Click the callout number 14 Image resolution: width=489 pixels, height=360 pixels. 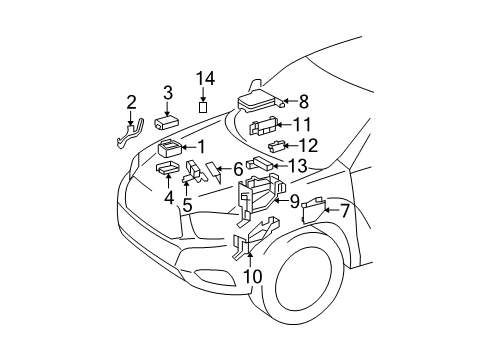(x=205, y=79)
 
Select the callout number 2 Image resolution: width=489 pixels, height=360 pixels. (x=168, y=93)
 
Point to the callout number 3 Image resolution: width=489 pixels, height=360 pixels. (x=168, y=93)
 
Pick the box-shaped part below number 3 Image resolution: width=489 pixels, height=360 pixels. (x=169, y=121)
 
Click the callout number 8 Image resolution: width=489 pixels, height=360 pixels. (x=304, y=100)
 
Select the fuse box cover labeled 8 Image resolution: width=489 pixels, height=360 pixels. (x=258, y=101)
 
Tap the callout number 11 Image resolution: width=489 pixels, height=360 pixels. (x=302, y=124)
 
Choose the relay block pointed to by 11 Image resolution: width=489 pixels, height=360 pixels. (x=265, y=127)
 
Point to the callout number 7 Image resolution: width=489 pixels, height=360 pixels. (x=346, y=211)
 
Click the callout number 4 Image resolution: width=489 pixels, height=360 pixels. (x=169, y=198)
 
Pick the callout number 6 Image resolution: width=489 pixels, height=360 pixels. (x=239, y=170)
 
